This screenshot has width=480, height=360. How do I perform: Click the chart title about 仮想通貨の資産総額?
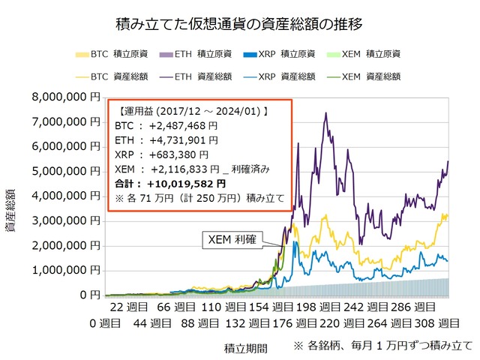[x=241, y=23]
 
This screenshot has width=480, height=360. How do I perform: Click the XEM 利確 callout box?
[x=231, y=240]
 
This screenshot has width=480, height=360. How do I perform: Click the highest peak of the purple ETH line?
[x=325, y=113]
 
